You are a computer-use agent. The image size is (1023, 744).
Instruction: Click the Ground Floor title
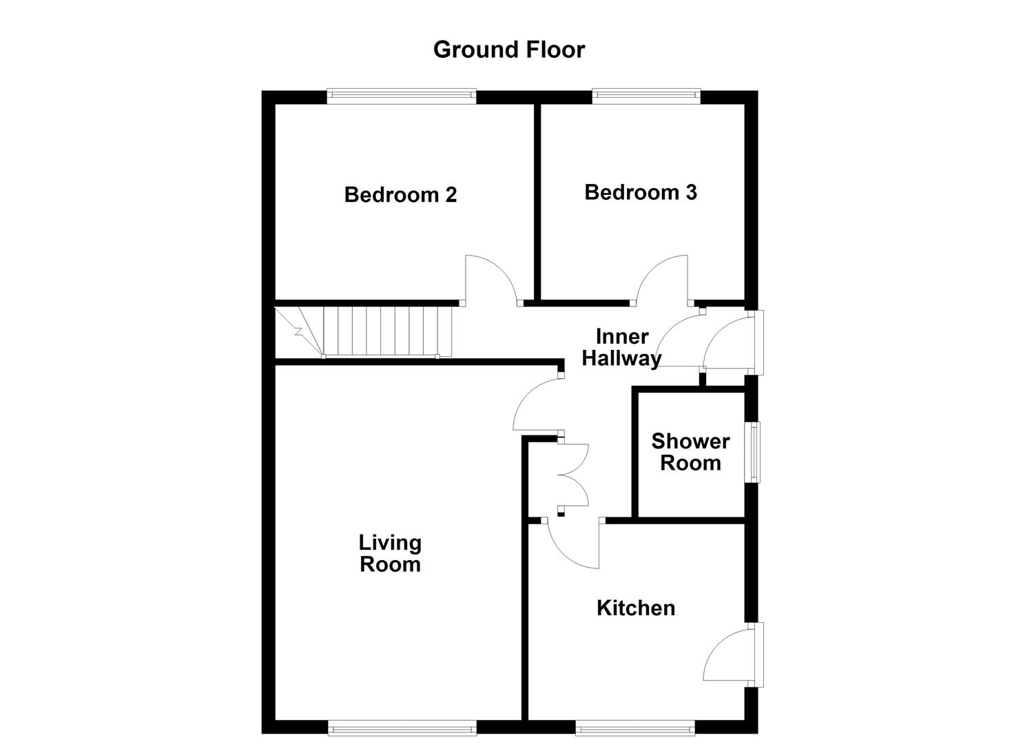click(x=509, y=50)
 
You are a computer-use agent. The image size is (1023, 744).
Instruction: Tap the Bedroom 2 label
click(x=400, y=195)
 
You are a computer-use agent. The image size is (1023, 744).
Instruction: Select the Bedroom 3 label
click(x=640, y=192)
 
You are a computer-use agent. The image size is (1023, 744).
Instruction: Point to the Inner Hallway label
click(x=621, y=347)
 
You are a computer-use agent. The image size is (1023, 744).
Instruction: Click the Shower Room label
click(x=690, y=452)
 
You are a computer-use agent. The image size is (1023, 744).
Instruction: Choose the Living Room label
click(x=390, y=553)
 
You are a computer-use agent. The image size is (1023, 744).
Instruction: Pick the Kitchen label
click(x=635, y=608)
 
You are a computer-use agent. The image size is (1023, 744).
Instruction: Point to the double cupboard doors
click(x=573, y=475)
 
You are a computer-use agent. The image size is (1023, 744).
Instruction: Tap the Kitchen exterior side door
click(x=730, y=654)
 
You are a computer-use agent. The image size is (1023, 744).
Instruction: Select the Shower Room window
click(x=756, y=452)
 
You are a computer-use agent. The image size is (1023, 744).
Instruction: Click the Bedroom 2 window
click(x=401, y=96)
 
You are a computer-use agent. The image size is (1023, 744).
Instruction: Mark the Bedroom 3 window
click(x=645, y=96)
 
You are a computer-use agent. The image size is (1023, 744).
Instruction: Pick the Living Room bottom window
click(x=402, y=727)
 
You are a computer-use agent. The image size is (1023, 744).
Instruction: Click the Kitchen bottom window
click(x=634, y=727)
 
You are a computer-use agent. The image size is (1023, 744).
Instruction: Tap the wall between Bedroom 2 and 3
click(x=537, y=200)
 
